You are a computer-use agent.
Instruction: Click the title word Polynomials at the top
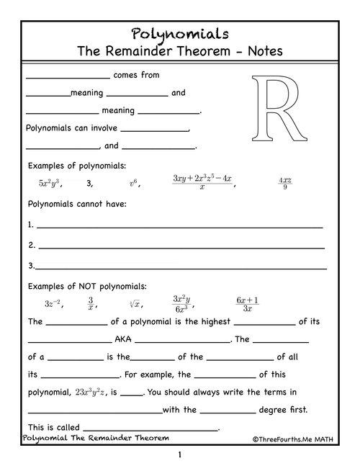pos(180,33)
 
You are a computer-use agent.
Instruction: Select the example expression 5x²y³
pos(51,184)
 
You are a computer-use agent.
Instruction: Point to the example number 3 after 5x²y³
pos(89,184)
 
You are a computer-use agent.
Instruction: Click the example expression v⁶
pos(134,184)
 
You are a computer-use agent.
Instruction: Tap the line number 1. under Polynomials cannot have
pos(31,225)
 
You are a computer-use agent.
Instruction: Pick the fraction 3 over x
pos(91,303)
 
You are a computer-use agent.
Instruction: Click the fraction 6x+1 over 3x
pos(247,303)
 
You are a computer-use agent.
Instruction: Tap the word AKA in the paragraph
pos(122,339)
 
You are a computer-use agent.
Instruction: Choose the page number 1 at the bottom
pos(180,454)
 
